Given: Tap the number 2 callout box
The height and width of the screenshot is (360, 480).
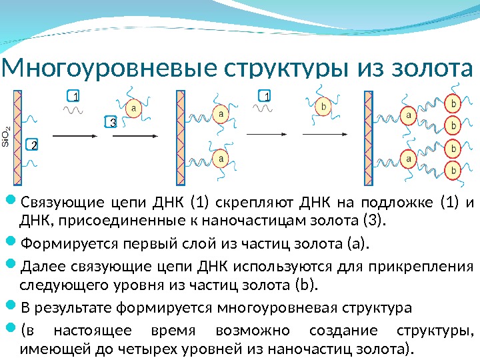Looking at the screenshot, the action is (33, 145).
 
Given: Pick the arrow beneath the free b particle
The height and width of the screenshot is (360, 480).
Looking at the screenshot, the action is (298, 134).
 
